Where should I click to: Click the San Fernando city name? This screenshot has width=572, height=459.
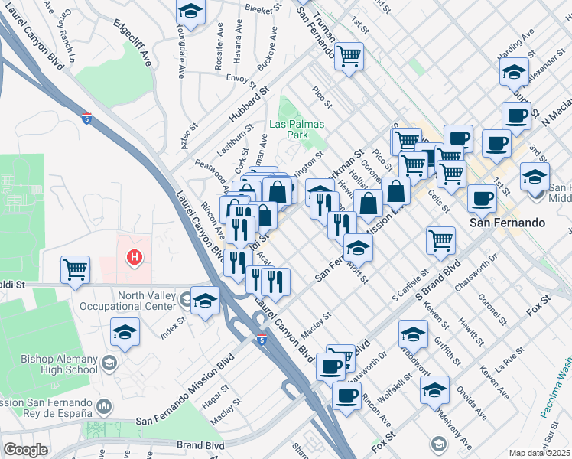coord(506,223)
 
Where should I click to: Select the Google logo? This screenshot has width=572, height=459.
coord(25,450)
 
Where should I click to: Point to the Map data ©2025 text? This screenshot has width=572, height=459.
coord(539,453)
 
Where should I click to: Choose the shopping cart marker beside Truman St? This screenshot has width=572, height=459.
coord(349,55)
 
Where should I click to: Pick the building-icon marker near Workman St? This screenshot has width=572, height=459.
coord(320,188)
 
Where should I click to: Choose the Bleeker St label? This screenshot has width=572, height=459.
coord(265,9)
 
